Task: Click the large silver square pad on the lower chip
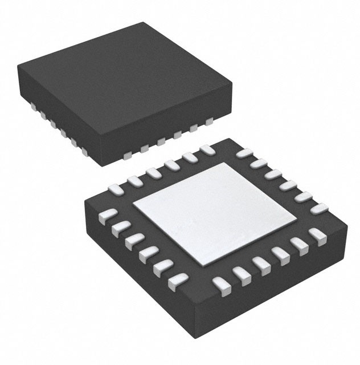click(x=215, y=213)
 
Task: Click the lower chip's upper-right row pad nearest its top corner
click(x=244, y=153)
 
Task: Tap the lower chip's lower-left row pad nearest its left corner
click(x=107, y=216)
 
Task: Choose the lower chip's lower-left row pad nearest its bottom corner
click(x=178, y=280)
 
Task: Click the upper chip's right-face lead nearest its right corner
click(x=209, y=121)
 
